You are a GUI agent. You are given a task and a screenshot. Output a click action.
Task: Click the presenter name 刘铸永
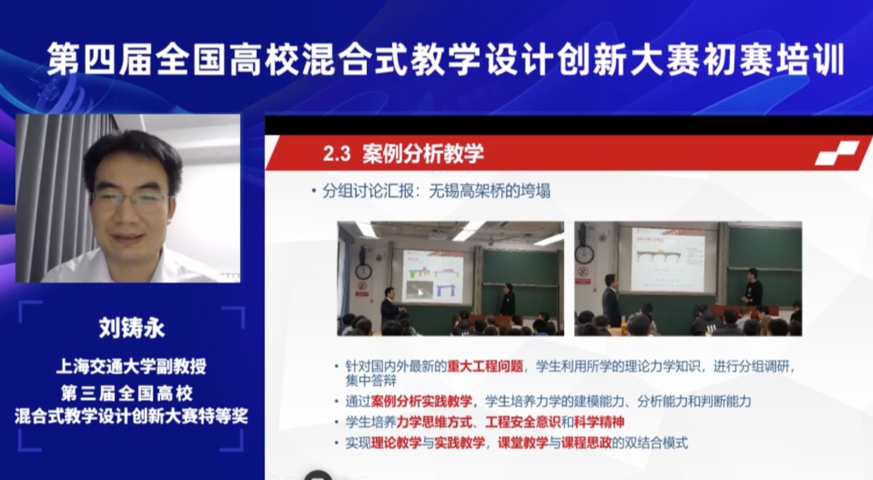click(x=132, y=327)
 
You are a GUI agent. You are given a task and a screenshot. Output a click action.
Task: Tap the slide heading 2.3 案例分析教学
click(x=403, y=153)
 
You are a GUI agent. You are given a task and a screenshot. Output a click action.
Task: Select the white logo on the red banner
click(x=837, y=154)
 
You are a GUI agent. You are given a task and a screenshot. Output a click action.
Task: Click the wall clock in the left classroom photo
click(x=363, y=271)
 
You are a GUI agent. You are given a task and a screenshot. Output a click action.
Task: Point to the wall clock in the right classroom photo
click(x=584, y=254)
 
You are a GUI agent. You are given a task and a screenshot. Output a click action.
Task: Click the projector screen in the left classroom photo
click(x=432, y=277)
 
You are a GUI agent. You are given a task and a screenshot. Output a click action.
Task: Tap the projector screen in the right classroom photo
click(x=668, y=260)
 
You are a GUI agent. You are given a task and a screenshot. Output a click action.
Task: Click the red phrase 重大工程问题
click(x=485, y=366)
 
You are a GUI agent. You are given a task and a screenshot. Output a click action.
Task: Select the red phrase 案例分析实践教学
click(x=421, y=401)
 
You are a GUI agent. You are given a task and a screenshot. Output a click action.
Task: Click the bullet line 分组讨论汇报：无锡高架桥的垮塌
click(x=436, y=191)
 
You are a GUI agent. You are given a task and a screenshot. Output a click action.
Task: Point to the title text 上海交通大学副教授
click(x=132, y=366)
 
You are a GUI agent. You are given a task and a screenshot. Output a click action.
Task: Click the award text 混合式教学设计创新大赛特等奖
click(x=132, y=416)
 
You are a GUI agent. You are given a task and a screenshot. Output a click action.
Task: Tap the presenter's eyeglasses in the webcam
click(x=129, y=198)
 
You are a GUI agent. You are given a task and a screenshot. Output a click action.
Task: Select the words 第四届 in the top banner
click(x=99, y=59)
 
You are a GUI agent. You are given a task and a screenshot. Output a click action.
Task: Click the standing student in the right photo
click(x=753, y=287)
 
